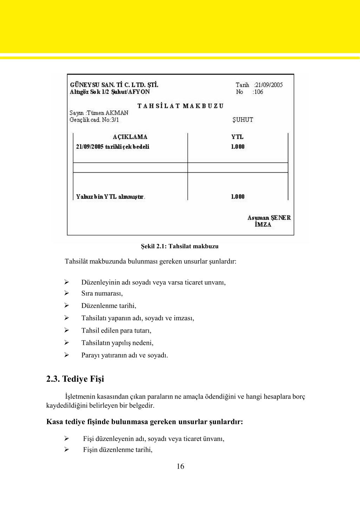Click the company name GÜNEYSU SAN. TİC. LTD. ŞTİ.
pos(114,85)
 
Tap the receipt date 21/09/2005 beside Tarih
pos(269,85)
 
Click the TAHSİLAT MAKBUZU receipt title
pos(180,106)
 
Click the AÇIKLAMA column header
pos(130,137)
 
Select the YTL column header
pos(237,137)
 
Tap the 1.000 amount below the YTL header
pos(238,147)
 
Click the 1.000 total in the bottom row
pos(238,197)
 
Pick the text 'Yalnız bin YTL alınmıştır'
pos(110,197)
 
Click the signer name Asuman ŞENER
pos(269,218)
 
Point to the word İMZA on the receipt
pos(263,225)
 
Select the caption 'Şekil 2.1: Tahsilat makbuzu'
pos(180,246)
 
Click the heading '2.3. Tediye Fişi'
pos(75,379)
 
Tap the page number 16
pos(180,467)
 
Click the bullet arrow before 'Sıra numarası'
pos(66,293)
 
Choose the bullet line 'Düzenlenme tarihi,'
pos(109,306)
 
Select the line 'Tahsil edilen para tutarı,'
pos(116,330)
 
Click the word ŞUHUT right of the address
pos(243,120)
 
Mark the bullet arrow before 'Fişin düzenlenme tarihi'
pos(66,449)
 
